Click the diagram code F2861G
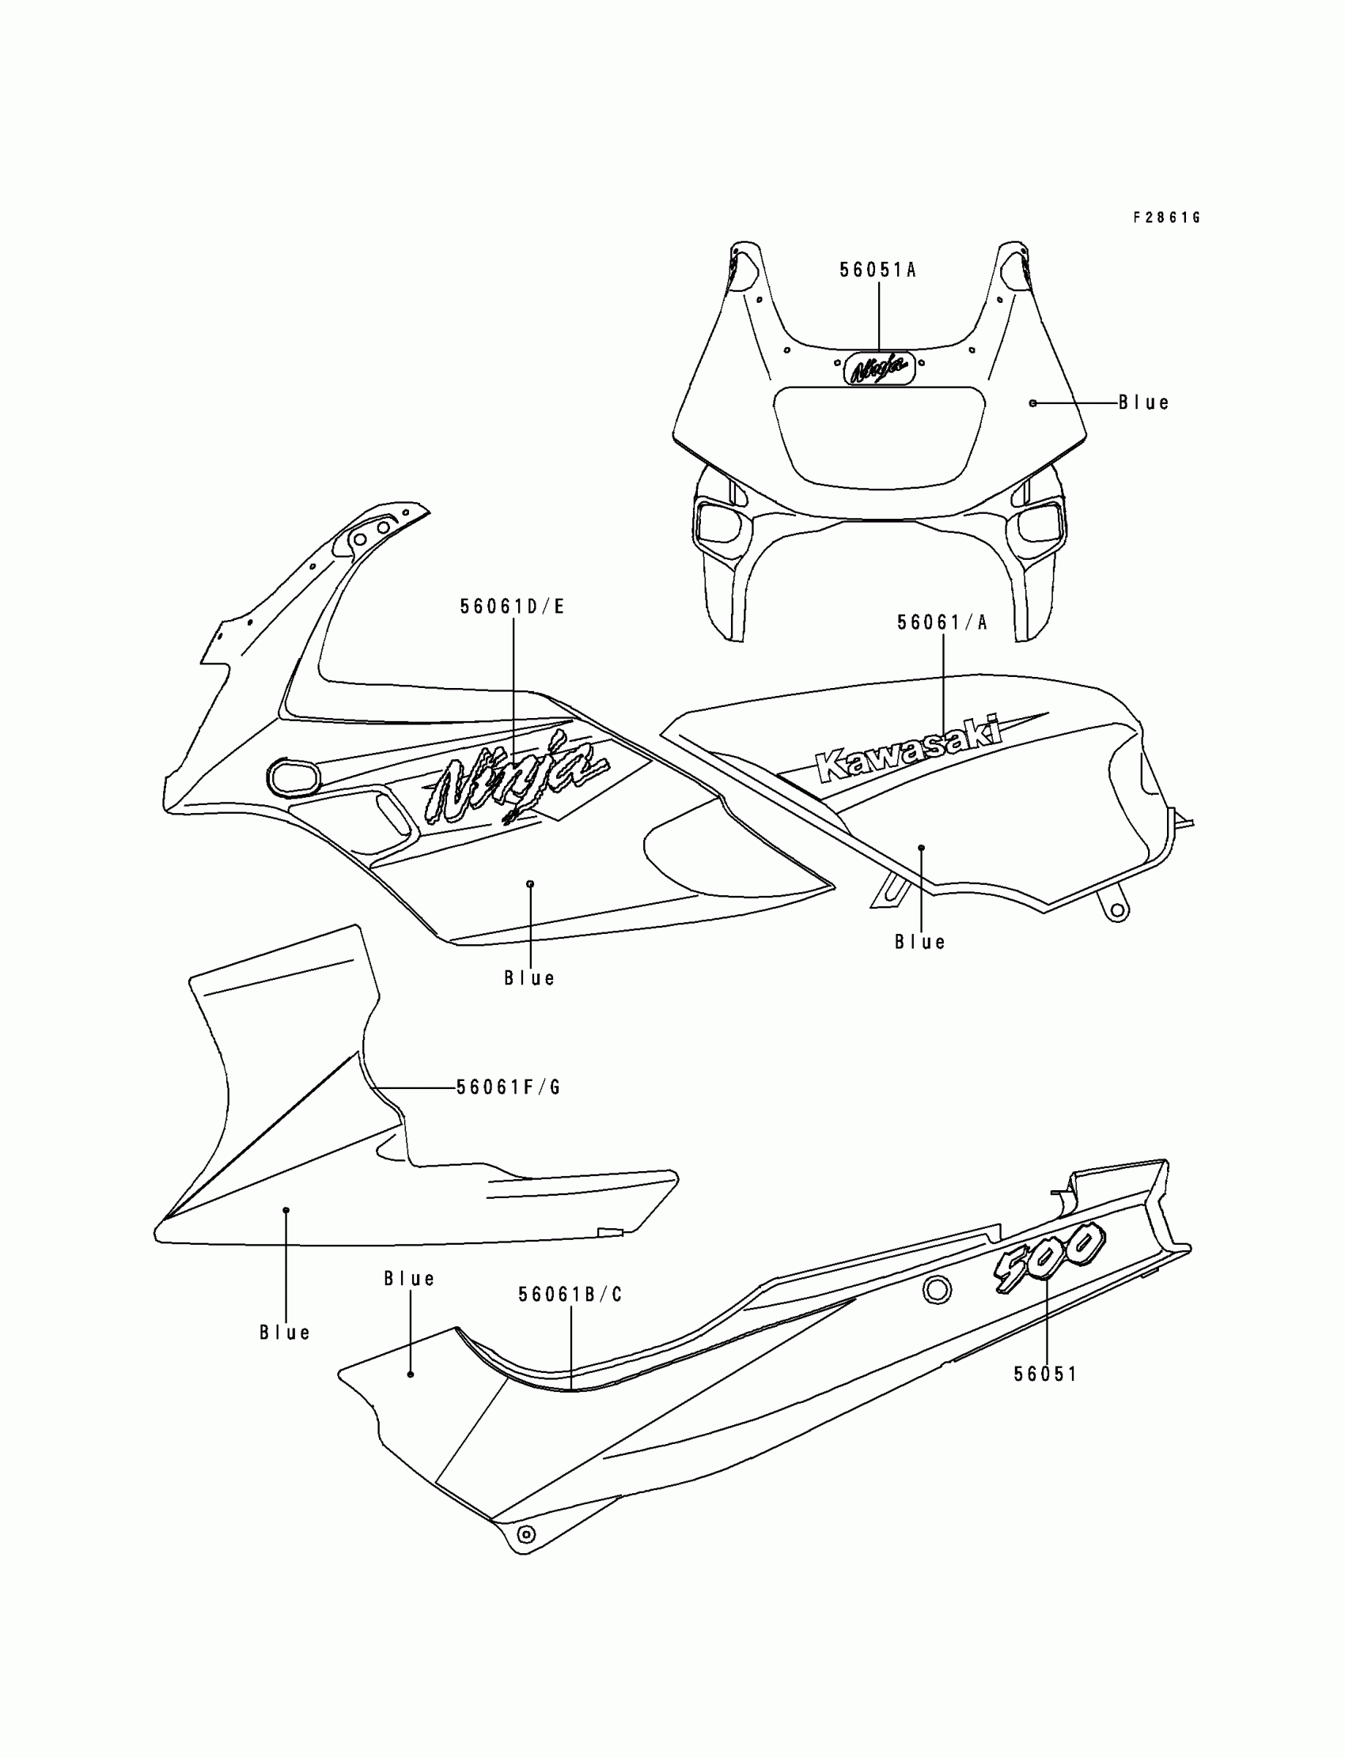pos(1165,217)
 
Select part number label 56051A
pos(877,270)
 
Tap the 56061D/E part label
pos(513,607)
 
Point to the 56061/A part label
pos(942,623)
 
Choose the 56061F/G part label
pos(509,1087)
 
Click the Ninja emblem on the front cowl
pos(879,368)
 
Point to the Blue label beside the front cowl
pos(1143,403)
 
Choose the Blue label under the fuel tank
pos(920,943)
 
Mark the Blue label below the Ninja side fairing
pos(529,978)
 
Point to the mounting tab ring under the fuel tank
pos(1118,910)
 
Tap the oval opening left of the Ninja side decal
pos(293,777)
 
